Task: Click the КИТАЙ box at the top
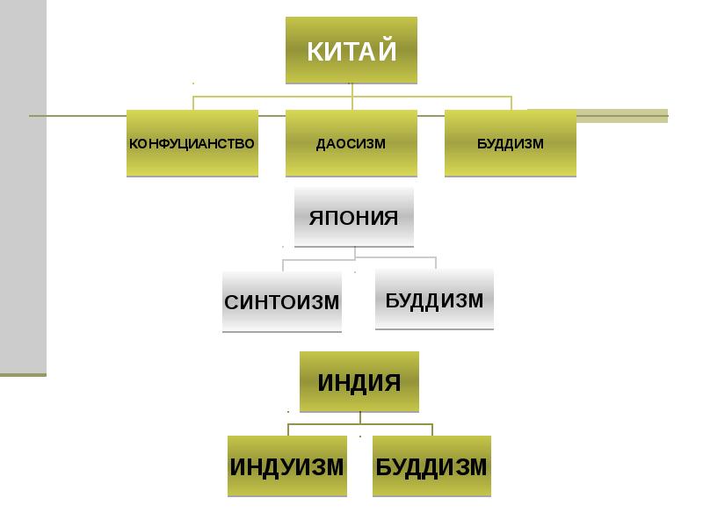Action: [351, 49]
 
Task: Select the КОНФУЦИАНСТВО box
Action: [192, 143]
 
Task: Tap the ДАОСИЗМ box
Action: [351, 143]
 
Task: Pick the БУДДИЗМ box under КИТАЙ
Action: [511, 143]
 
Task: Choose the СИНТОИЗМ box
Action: [282, 302]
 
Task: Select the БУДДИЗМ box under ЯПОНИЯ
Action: [434, 299]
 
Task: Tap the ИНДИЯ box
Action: [359, 382]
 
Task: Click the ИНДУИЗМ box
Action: [286, 466]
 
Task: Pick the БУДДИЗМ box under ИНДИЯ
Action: [431, 466]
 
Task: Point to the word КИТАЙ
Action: [351, 50]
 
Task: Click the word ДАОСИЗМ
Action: [351, 143]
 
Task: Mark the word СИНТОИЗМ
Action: [282, 302]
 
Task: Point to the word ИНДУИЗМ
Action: [286, 466]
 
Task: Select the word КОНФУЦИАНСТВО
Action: [192, 143]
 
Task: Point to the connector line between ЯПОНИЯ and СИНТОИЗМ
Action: [283, 264]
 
